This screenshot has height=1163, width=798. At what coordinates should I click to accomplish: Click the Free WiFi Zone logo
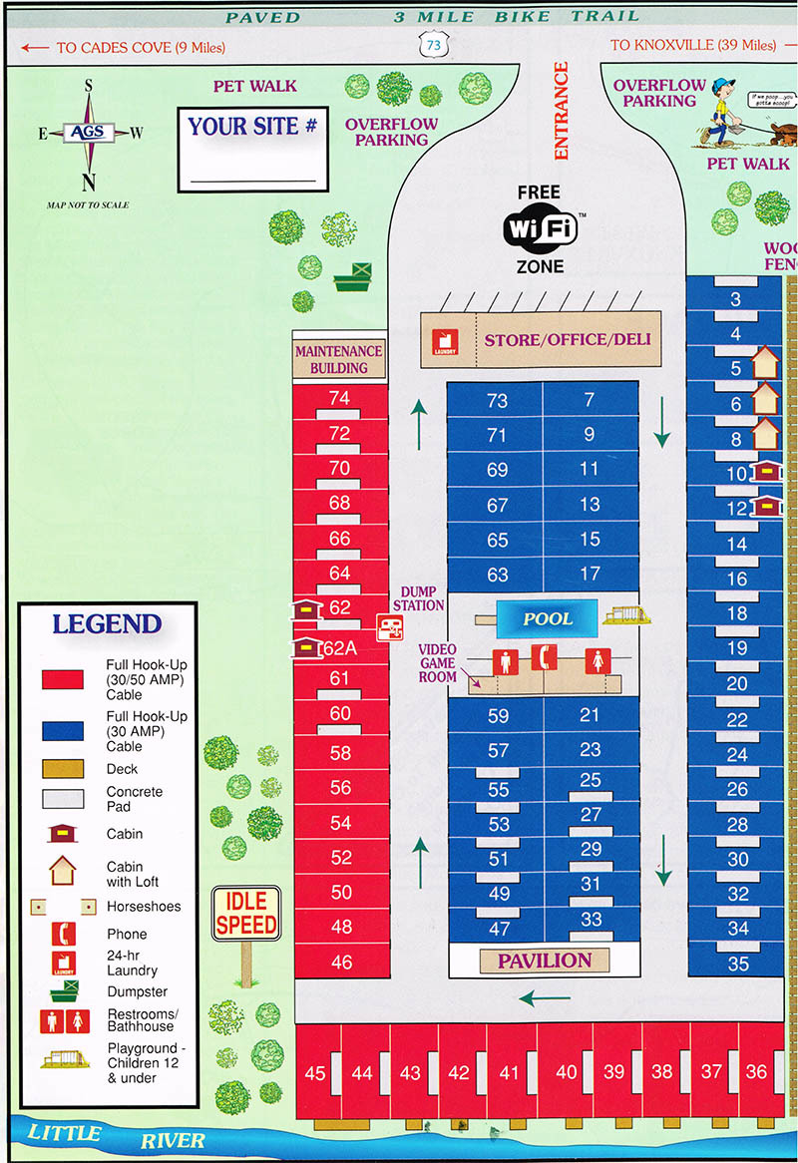[x=540, y=228]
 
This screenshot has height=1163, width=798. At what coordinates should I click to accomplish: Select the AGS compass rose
[x=89, y=134]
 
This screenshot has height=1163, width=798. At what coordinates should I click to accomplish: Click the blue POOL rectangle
[x=548, y=618]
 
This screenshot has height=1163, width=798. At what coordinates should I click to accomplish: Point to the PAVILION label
[x=545, y=961]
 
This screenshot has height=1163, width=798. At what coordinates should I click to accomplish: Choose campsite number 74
[x=339, y=398]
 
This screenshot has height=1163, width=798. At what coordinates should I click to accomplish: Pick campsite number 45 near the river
[x=316, y=1073]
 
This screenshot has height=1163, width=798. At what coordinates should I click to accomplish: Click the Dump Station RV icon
[x=389, y=628]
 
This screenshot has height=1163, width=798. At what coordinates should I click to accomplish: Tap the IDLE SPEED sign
[x=246, y=914]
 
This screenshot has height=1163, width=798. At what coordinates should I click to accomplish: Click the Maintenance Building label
[x=339, y=359]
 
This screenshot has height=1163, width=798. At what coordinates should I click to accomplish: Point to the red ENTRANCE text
[x=561, y=110]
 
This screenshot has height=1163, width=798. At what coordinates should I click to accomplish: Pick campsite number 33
[x=591, y=920]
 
